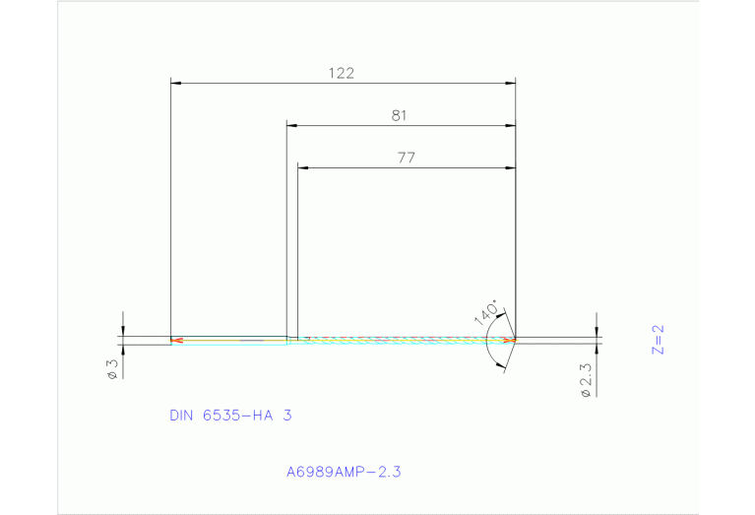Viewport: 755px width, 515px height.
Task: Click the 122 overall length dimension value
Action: click(x=342, y=73)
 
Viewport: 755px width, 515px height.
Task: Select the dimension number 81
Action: click(x=399, y=115)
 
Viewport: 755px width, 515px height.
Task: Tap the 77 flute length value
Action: click(x=406, y=158)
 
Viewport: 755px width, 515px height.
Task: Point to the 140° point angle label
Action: click(x=485, y=310)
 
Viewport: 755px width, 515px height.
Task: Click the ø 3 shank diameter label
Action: click(x=112, y=368)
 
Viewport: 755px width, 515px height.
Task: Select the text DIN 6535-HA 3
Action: click(x=230, y=416)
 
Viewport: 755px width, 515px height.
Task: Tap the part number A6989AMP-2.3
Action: click(x=343, y=472)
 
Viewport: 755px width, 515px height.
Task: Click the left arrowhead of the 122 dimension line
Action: click(x=177, y=83)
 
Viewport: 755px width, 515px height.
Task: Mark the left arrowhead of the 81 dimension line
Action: click(x=292, y=125)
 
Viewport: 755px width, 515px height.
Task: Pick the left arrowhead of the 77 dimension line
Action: click(x=304, y=168)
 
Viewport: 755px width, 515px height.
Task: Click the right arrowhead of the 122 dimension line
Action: click(x=510, y=83)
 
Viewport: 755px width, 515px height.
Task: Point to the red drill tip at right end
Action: click(x=510, y=341)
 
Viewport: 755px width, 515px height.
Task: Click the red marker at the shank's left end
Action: click(x=176, y=342)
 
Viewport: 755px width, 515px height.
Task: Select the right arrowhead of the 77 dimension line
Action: click(x=510, y=168)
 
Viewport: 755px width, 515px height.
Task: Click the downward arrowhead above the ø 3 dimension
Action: click(x=123, y=332)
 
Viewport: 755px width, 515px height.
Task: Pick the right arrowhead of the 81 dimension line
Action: click(x=510, y=125)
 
